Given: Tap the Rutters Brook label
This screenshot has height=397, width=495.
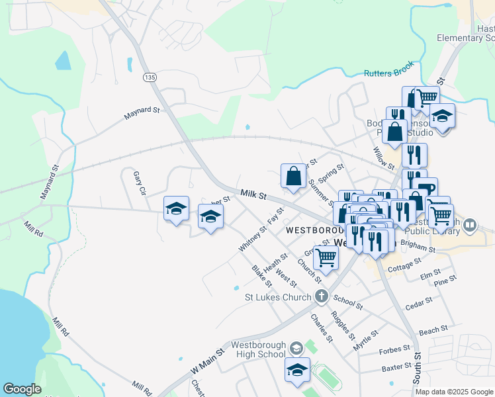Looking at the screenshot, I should (388, 69).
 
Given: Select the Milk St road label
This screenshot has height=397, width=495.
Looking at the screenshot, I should (253, 195).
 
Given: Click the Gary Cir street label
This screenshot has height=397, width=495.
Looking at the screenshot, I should (138, 183).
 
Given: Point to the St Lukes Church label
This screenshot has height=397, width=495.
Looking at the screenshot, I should (277, 297).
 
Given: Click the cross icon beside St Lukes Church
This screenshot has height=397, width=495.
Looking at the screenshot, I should (322, 296).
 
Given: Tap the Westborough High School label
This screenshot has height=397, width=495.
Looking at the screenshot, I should (258, 349).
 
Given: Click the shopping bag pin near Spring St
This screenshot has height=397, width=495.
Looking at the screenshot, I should (292, 176).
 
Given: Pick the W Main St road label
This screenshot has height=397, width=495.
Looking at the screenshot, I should (208, 361).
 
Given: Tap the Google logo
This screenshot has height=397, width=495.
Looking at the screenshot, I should (22, 389).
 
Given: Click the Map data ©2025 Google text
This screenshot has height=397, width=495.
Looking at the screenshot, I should (453, 392).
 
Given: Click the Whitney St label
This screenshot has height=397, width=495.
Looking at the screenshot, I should (252, 238).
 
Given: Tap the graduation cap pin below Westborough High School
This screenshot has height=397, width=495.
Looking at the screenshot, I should (297, 370).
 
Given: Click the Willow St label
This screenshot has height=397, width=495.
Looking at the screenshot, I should (384, 157).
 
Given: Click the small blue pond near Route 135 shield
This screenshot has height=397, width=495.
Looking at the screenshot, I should (63, 62).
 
